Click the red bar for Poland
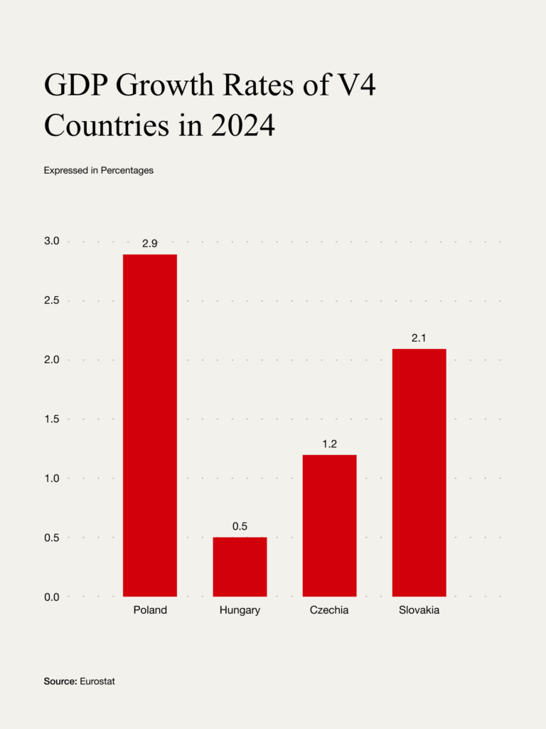150,425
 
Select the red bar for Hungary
240,567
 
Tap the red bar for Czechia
329,525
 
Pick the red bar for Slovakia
419,472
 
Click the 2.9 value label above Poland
150,243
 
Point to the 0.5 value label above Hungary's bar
240,527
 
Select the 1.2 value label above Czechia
329,444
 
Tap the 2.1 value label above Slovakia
419,338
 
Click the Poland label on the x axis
150,610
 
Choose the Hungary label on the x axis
240,610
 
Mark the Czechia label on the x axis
329,610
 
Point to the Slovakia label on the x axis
419,610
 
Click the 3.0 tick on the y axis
53,242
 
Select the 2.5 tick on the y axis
53,301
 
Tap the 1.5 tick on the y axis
53,419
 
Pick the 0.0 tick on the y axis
53,597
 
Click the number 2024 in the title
242,126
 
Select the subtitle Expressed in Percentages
99,171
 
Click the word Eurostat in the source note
97,681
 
